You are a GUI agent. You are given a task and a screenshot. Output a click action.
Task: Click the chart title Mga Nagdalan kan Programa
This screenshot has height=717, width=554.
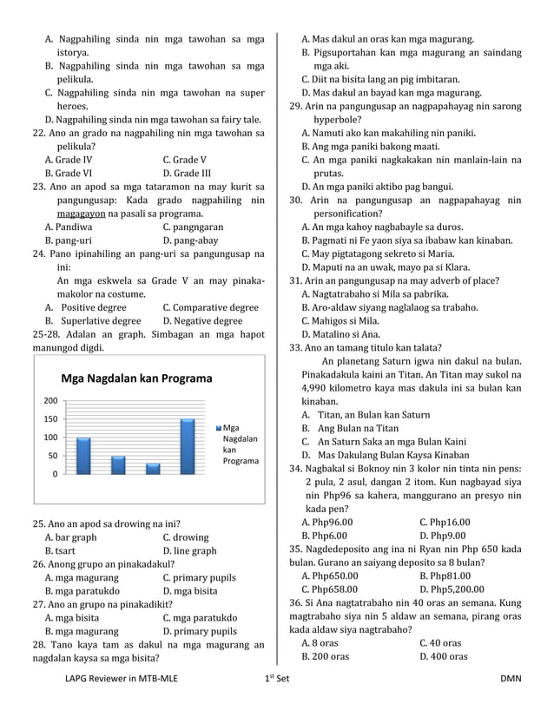135,378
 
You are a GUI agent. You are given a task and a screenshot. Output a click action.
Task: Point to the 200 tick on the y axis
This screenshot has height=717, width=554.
52,401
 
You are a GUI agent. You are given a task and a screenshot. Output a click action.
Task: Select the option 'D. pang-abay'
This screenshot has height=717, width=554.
190,240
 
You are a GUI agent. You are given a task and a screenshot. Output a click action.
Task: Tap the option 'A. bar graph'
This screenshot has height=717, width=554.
70,536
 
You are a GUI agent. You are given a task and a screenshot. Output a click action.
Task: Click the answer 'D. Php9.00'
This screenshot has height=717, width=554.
445,536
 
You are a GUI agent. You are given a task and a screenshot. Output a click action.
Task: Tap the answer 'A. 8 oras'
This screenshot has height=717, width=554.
320,642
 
